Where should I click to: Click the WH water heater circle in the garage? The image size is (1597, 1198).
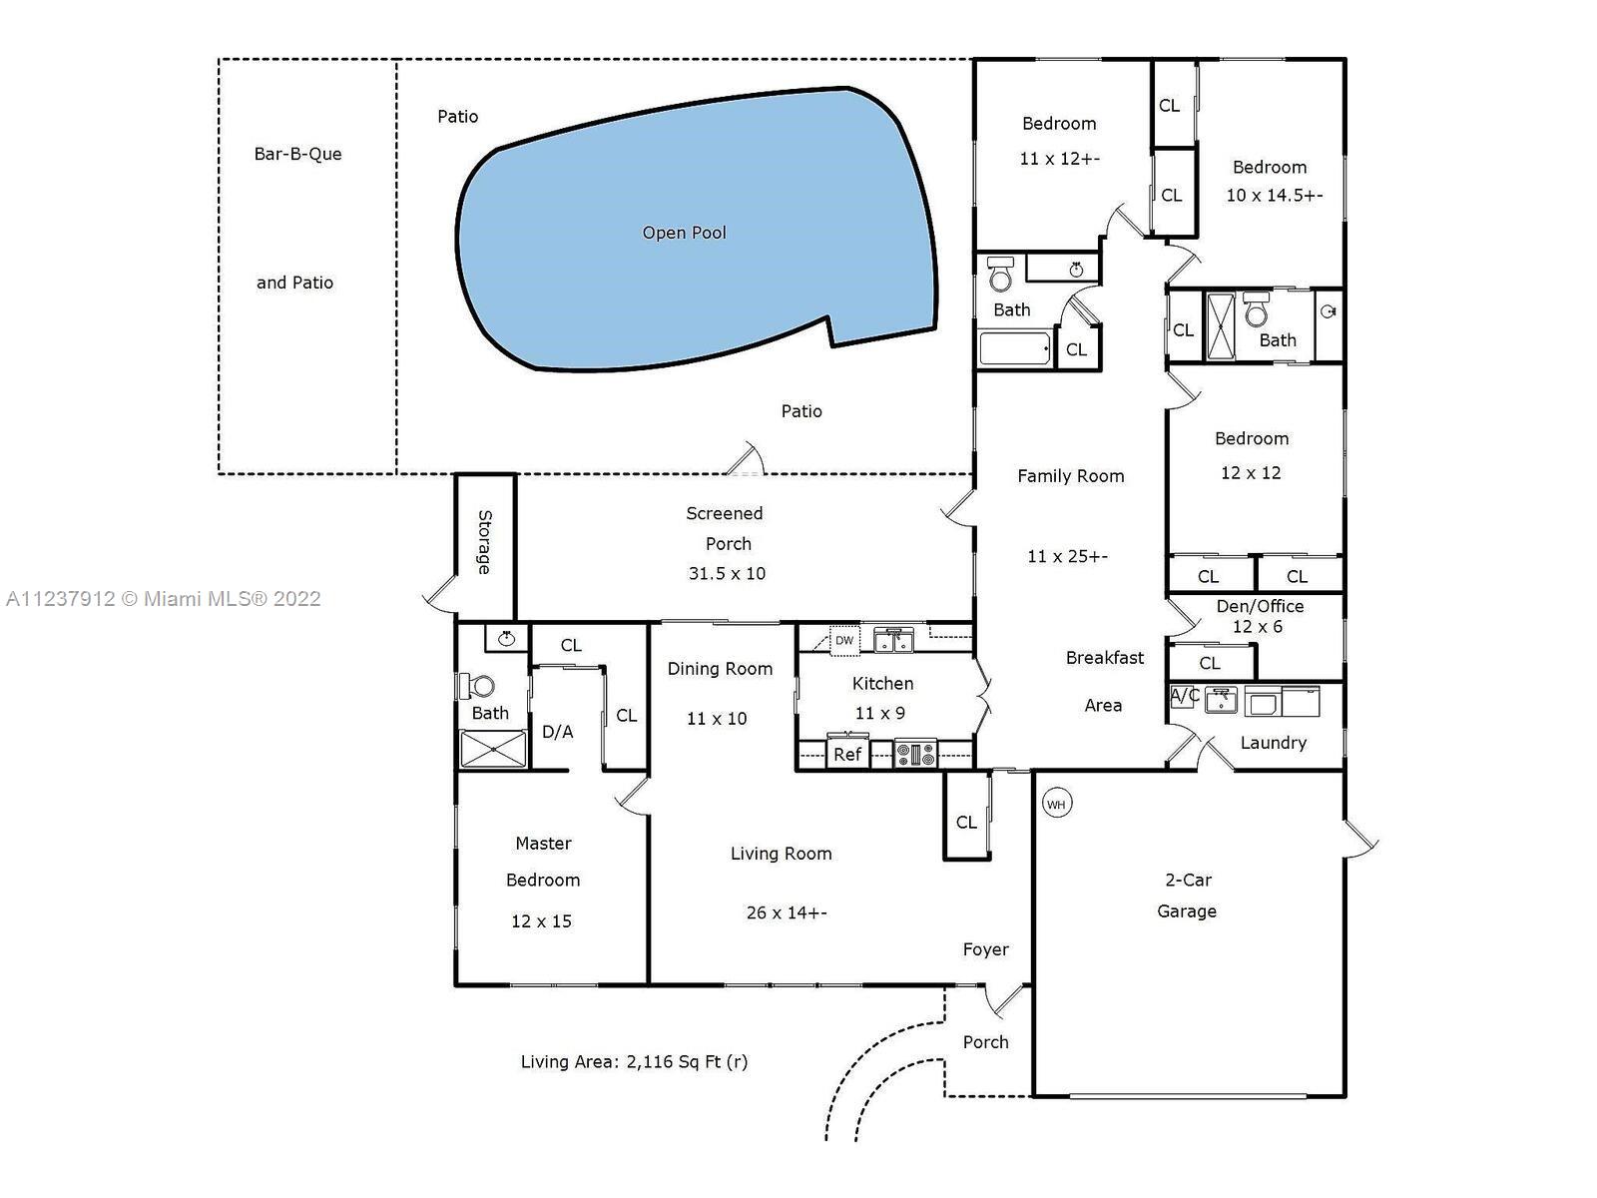(1056, 804)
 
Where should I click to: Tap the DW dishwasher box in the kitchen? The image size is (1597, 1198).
(844, 640)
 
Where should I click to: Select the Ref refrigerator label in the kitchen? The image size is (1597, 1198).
(847, 755)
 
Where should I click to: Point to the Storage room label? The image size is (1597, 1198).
(484, 542)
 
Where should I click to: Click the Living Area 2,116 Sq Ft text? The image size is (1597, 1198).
(634, 1061)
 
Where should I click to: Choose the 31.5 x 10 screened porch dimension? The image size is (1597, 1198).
(727, 573)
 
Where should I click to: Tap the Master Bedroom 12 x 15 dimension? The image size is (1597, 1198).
(541, 920)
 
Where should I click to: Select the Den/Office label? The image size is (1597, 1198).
(1261, 607)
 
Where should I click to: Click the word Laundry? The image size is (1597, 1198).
(1274, 743)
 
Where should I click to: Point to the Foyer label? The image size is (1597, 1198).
(986, 949)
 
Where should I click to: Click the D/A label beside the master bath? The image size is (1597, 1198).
(558, 732)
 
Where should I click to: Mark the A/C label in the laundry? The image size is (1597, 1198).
(1185, 696)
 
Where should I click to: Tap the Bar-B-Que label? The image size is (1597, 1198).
(297, 154)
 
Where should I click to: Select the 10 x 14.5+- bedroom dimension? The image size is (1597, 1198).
(1275, 195)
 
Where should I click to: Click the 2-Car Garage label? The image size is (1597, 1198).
(1188, 896)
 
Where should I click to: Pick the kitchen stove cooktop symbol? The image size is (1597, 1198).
(914, 754)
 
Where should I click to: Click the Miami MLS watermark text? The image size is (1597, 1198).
(164, 599)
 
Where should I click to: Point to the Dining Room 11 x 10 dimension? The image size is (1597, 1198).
(717, 719)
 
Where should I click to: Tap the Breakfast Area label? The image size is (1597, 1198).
(1105, 682)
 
